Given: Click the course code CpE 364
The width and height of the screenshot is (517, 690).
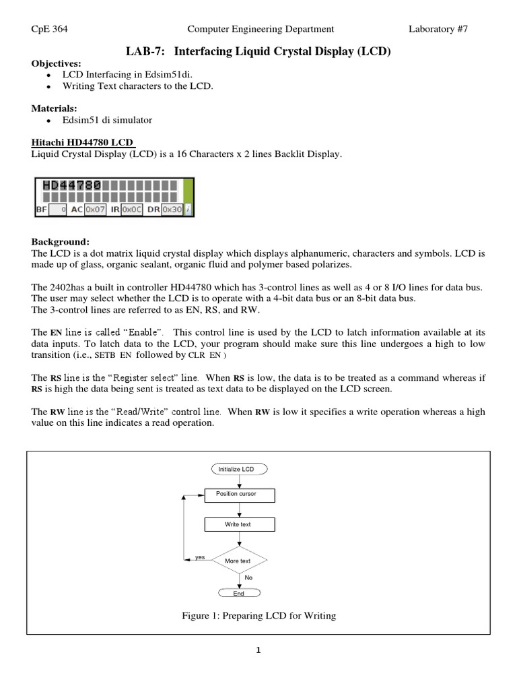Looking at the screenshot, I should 49,28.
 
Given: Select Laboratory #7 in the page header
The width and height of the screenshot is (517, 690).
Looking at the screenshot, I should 438,28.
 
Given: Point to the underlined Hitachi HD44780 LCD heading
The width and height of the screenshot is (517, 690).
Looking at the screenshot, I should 83,142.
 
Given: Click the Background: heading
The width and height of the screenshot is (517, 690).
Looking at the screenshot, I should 60,241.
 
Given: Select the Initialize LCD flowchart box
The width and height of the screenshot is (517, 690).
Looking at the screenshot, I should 239,469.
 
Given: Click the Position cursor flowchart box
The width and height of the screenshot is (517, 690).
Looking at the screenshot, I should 239,495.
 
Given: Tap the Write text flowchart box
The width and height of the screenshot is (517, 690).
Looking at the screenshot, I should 239,524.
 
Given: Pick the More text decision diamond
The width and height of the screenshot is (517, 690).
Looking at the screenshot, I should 239,560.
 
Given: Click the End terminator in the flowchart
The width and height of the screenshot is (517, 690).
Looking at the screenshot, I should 239,593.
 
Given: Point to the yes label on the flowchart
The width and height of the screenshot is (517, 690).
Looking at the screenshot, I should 199,557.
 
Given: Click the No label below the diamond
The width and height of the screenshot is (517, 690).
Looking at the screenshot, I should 248,577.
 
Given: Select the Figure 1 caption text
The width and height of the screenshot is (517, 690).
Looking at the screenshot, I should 258,615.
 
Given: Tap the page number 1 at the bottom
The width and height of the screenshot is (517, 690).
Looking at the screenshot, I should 258,650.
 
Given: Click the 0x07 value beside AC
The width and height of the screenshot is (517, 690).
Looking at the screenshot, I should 94,210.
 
